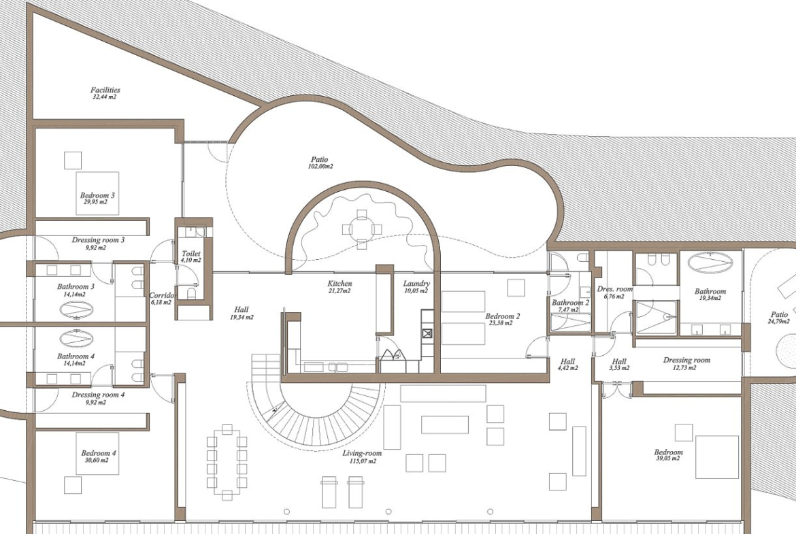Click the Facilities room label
[x=105, y=90]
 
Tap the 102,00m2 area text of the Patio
[x=320, y=167]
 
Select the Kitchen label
[x=339, y=284]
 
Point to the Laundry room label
[x=416, y=284]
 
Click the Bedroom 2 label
[x=503, y=316]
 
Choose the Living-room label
[x=362, y=453]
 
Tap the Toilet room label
[x=191, y=253]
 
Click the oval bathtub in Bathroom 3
[x=76, y=309]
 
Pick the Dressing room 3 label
[x=98, y=240]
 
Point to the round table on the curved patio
[x=361, y=229]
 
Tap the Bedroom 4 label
[x=99, y=453]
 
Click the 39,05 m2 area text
[x=668, y=458]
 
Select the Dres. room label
[x=615, y=289]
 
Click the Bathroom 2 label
[x=571, y=303]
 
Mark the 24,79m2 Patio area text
[x=779, y=321]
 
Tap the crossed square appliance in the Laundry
[x=427, y=333]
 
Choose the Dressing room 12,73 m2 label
[x=686, y=361]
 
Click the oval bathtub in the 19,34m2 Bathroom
[x=710, y=263]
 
